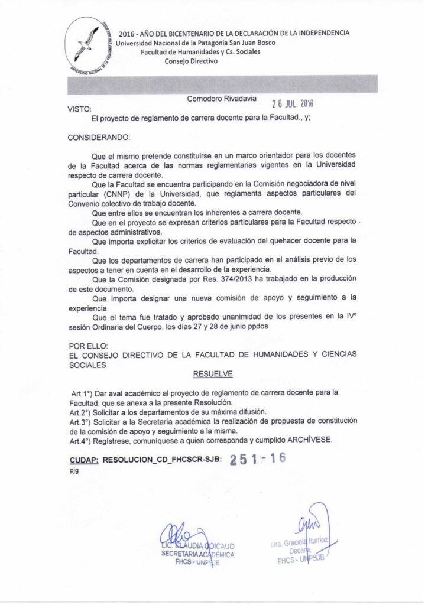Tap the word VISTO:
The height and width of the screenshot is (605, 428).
80,109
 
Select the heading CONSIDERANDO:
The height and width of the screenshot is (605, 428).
99,137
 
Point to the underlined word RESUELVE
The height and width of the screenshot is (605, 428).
213,374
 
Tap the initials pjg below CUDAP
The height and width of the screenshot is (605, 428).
73,471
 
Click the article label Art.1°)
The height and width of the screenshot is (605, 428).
83,392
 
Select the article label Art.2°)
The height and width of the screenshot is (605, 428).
81,411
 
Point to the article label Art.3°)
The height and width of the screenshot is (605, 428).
81,421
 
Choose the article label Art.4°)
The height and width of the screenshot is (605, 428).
81,440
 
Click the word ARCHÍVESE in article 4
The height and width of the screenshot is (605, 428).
311,440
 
